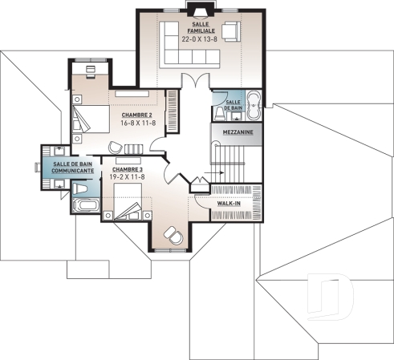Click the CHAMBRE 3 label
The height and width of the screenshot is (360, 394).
click(x=128, y=170)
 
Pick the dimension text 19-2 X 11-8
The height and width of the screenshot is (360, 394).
click(x=128, y=178)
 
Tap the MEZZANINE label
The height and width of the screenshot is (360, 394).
click(x=235, y=131)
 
